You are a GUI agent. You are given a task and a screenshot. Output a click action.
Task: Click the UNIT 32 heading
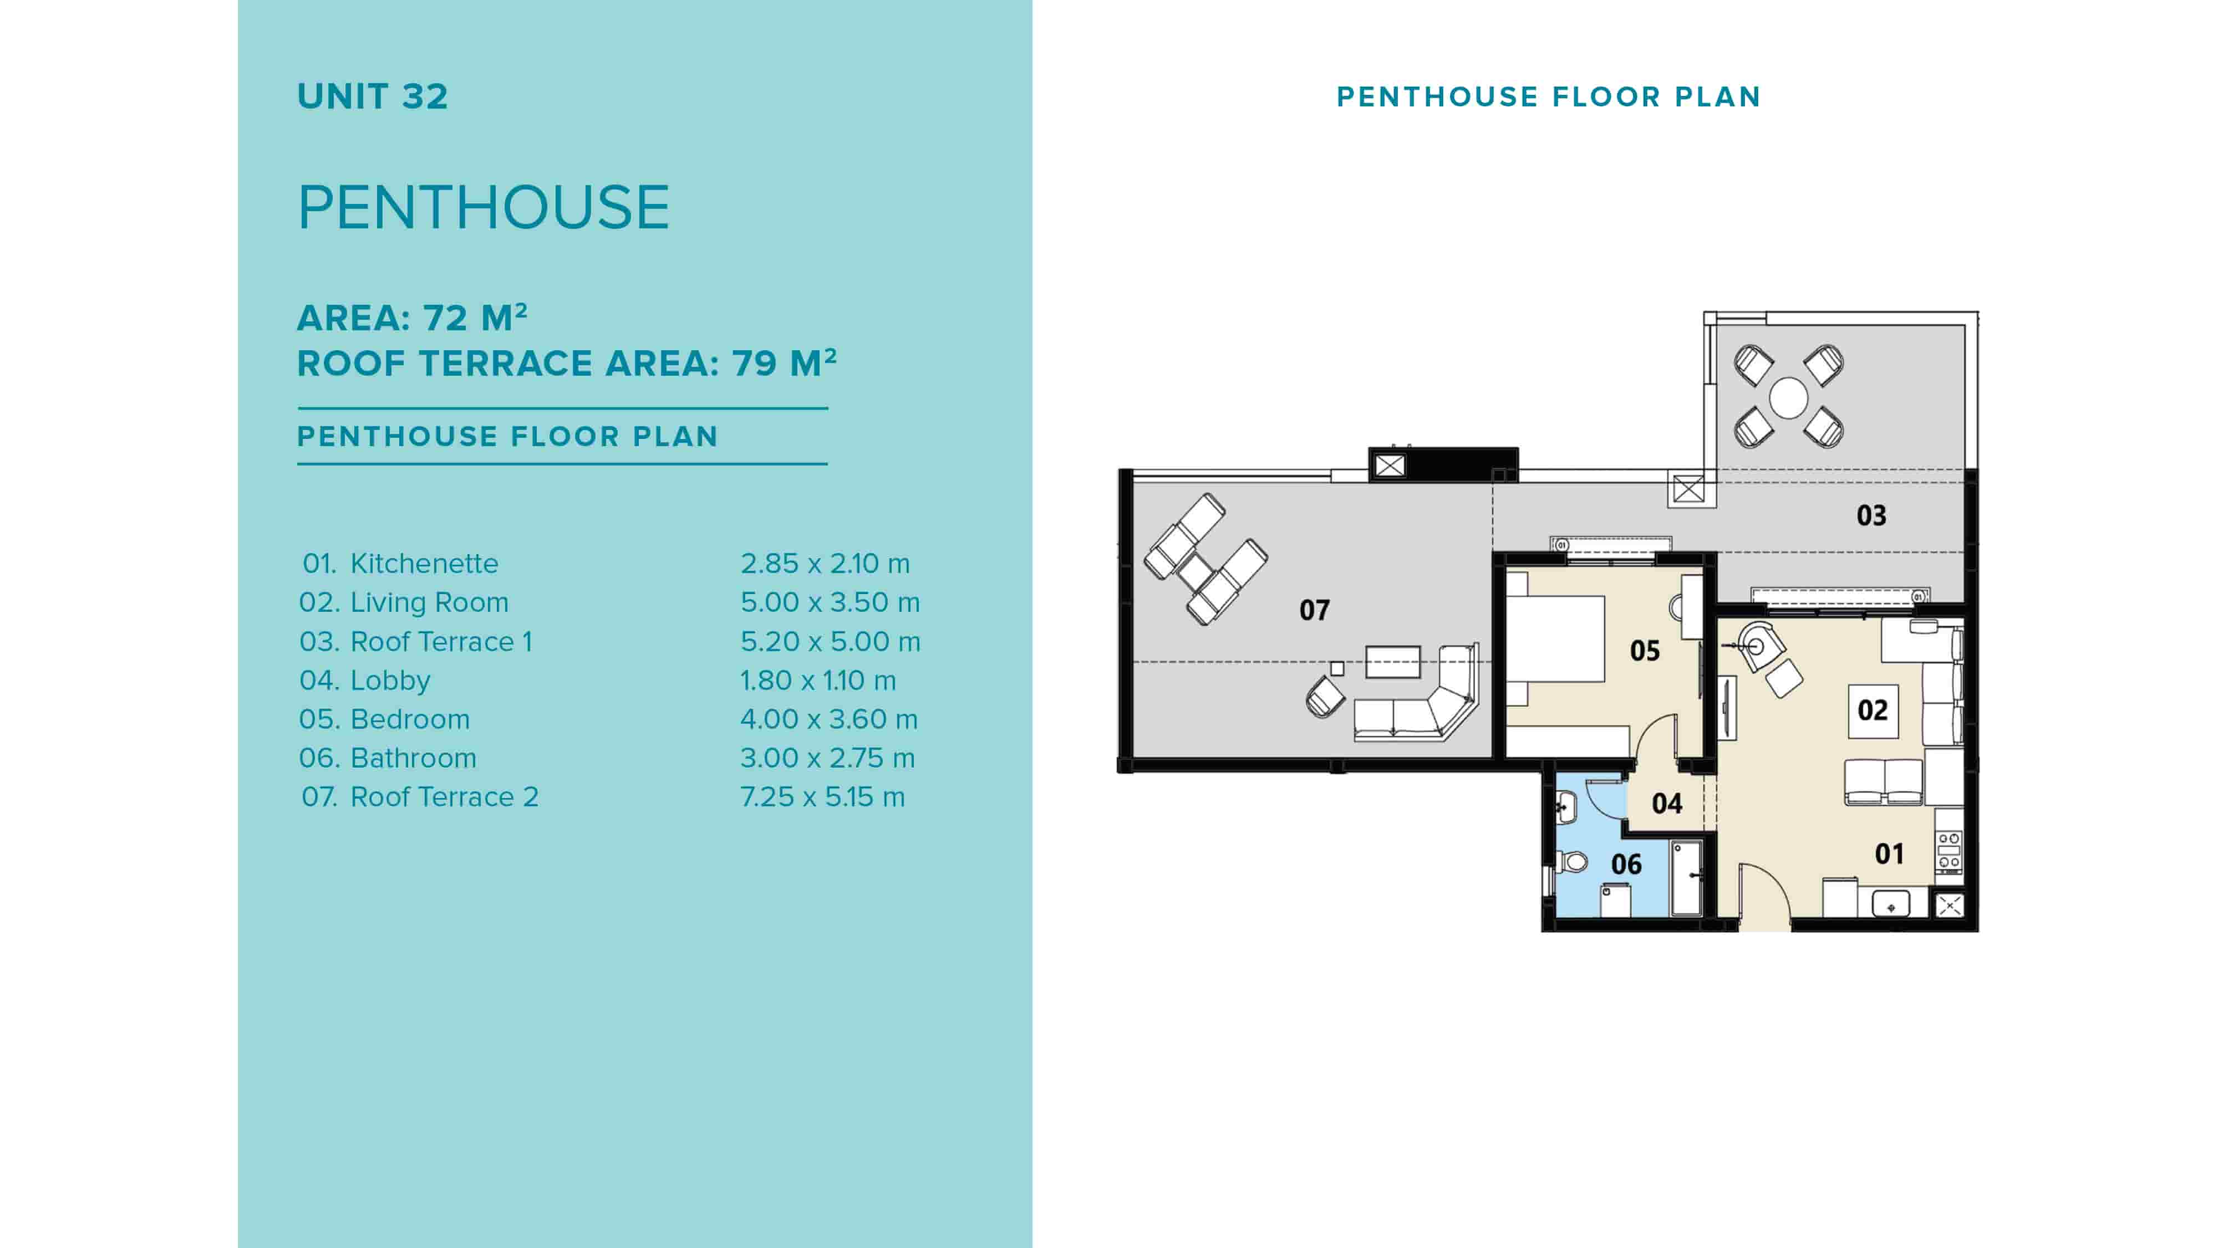[372, 96]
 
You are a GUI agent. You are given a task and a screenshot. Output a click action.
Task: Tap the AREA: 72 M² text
[411, 318]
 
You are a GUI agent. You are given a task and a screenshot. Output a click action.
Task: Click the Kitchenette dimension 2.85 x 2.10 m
[824, 564]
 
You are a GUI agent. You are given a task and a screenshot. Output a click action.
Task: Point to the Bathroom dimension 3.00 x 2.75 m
[827, 758]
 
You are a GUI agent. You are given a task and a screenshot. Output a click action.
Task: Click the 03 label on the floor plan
[1871, 515]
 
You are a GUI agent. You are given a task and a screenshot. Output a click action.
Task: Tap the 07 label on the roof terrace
[1314, 610]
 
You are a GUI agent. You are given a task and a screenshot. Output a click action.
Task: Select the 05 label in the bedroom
[1645, 651]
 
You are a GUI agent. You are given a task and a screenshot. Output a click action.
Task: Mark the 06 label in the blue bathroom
[1626, 864]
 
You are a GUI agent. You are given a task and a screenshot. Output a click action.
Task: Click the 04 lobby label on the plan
[1667, 804]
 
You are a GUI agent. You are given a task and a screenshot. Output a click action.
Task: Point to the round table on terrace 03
[1788, 398]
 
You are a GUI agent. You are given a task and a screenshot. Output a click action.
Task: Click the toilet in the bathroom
[1574, 861]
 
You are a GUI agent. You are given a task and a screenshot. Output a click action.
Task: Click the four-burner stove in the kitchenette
[1950, 850]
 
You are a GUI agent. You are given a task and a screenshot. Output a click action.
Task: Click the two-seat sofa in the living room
[1883, 781]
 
